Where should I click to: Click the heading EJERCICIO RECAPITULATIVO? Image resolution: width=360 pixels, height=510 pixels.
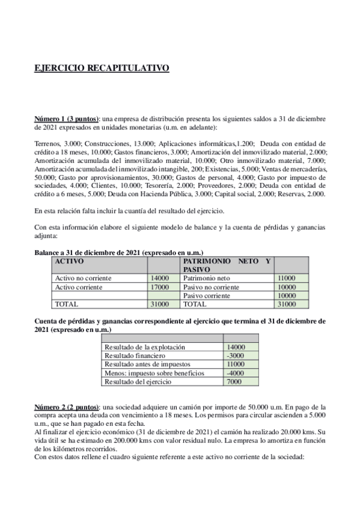coord(102,69)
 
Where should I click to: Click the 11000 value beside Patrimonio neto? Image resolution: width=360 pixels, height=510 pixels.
coord(286,278)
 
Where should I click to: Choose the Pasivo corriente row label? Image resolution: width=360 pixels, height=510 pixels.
coord(208,295)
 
